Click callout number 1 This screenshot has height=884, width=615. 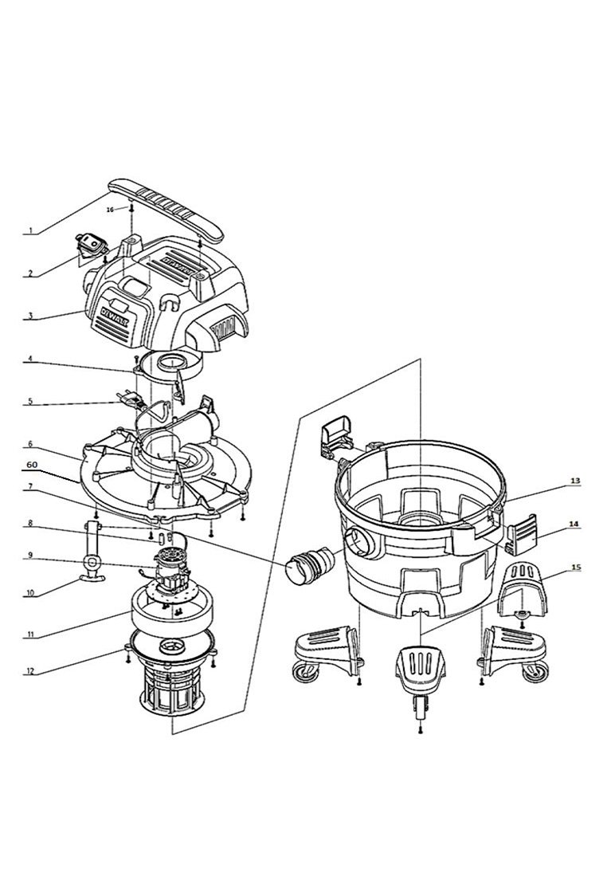click(x=32, y=230)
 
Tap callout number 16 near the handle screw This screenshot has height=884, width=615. click(x=111, y=209)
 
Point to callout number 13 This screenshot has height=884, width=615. click(x=574, y=481)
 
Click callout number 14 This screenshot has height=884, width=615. click(x=574, y=524)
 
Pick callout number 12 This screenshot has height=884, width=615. click(x=32, y=671)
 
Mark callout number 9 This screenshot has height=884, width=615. click(x=30, y=556)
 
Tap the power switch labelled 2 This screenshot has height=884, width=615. click(x=90, y=246)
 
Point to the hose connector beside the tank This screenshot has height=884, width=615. click(x=309, y=567)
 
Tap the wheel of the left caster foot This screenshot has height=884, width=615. click(x=302, y=674)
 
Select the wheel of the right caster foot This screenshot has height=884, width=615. click(x=535, y=674)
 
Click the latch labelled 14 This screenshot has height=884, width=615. click(x=522, y=532)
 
